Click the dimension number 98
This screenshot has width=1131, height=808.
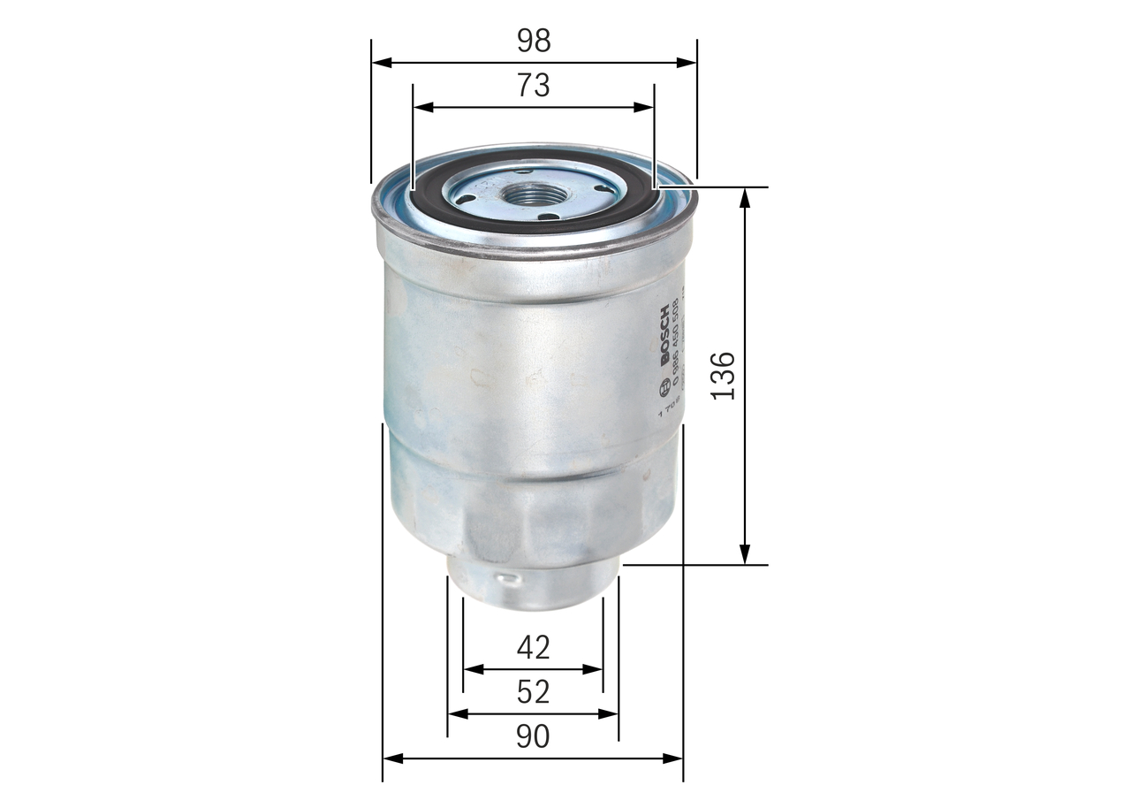533,40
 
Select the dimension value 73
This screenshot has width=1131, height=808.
533,86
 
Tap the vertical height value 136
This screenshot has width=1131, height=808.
723,376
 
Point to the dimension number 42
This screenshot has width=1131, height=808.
533,648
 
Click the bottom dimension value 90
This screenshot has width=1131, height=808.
533,736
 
